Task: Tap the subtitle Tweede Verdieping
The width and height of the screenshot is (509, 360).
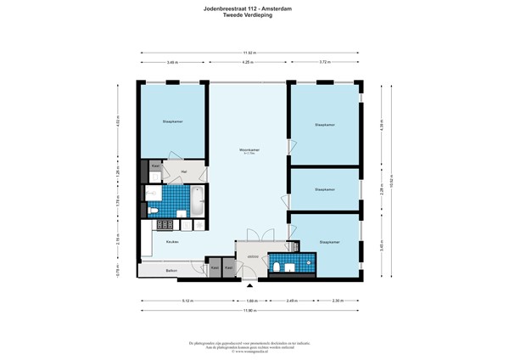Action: click(x=254, y=16)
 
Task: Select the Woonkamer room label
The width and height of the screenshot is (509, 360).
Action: click(x=249, y=149)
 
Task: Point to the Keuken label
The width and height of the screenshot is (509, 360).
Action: click(x=159, y=241)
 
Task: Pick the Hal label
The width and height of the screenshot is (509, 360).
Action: click(x=184, y=171)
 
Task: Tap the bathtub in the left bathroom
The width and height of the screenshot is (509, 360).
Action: click(x=197, y=201)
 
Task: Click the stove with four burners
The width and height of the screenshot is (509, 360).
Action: click(x=161, y=225)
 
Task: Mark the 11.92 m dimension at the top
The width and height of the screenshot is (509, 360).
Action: click(x=248, y=52)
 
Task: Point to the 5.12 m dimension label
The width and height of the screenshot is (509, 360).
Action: click(x=187, y=300)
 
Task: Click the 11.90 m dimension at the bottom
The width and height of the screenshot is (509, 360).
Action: click(x=248, y=310)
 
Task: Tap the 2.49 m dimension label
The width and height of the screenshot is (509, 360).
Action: click(x=291, y=300)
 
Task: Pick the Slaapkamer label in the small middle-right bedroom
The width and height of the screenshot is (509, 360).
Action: click(x=324, y=189)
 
